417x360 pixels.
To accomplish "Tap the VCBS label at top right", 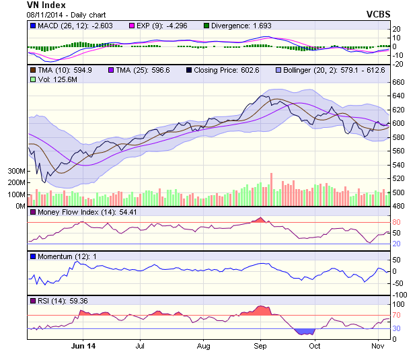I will [378, 14].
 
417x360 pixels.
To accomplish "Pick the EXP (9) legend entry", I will [161, 26].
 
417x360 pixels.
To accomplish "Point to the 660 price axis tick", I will [399, 82].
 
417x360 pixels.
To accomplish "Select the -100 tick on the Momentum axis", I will [400, 295].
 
